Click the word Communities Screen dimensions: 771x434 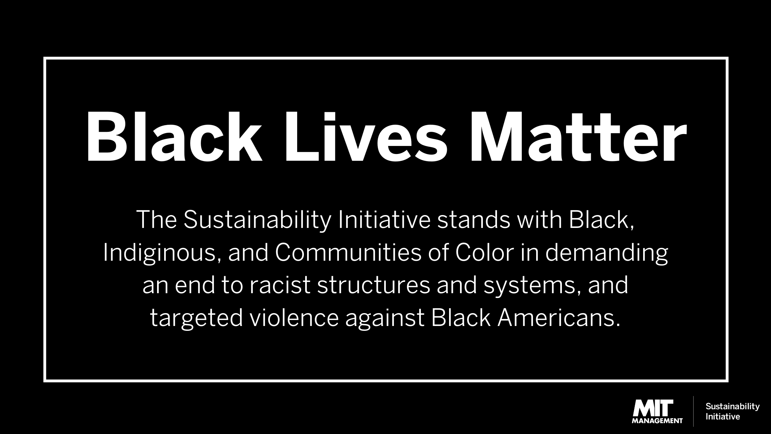pyautogui.click(x=348, y=253)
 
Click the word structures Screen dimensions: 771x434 pyautogui.click(x=373, y=285)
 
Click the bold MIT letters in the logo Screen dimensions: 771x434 pyautogui.click(x=653, y=408)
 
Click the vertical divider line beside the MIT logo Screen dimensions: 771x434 pyautogui.click(x=693, y=411)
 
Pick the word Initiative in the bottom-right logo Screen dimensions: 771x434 pyautogui.click(x=723, y=417)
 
